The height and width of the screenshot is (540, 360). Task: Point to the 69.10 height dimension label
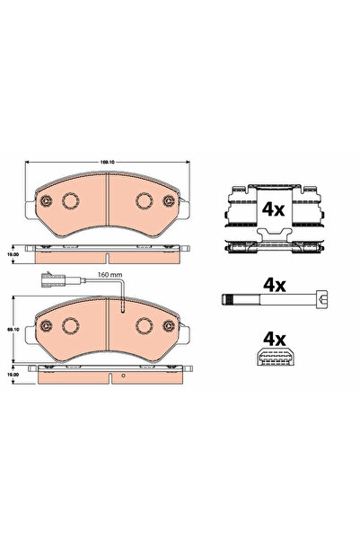pos(12,331)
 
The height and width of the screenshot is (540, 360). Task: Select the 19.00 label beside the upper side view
pos(12,253)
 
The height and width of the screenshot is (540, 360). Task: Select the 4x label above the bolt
pos(274,286)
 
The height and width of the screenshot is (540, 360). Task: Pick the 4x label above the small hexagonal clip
pos(273,340)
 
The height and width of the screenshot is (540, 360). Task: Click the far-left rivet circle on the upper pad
pos(42,202)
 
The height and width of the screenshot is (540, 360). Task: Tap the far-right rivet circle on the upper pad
pos(171,202)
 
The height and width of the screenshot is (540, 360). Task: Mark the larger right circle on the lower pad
pos(142,326)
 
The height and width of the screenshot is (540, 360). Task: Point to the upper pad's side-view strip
pos(107,252)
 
